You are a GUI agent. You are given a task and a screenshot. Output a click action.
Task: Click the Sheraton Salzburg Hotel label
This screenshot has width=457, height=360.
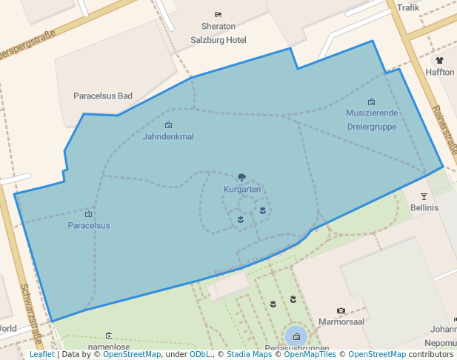coord(218,33)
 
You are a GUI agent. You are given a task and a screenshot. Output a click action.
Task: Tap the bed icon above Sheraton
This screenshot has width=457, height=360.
coord(218,14)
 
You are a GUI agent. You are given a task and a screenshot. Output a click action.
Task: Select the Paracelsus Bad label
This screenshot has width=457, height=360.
coord(103,96)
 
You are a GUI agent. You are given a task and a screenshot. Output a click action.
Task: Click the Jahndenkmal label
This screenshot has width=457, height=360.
coord(168,137)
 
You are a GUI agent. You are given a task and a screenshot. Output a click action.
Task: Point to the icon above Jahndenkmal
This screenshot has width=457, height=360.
coord(168,125)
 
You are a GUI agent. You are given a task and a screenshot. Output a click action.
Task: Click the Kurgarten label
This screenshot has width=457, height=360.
coord(242,190)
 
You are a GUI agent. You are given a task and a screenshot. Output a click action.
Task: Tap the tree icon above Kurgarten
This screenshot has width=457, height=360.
coord(242,178)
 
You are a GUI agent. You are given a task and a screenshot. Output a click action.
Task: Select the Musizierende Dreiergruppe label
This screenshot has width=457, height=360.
coord(372,120)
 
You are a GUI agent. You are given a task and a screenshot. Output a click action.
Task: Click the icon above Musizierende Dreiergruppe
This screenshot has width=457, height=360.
coord(372,101)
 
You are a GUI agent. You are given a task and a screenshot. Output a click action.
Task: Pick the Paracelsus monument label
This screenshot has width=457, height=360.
coord(89,225)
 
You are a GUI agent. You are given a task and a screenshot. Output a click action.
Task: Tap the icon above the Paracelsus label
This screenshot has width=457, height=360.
coord(89,214)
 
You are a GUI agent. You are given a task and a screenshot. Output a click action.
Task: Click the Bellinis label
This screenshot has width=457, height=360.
coord(424,208)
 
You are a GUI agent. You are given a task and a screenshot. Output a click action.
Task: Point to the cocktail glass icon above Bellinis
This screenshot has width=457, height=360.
coord(424,196)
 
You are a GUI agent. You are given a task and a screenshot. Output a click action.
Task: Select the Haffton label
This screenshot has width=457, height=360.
coord(440,72)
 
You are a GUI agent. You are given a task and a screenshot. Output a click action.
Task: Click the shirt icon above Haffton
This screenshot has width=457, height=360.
coord(440,60)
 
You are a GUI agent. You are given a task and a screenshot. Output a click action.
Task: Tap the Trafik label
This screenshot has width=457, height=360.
coord(408,7)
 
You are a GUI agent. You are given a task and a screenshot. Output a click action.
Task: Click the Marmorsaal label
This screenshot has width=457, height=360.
coord(341,322)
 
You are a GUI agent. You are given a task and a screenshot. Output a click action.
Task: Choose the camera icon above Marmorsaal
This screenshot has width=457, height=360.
coord(341,310)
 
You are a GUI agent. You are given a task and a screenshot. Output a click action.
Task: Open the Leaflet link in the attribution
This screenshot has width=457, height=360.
coord(42,355)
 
